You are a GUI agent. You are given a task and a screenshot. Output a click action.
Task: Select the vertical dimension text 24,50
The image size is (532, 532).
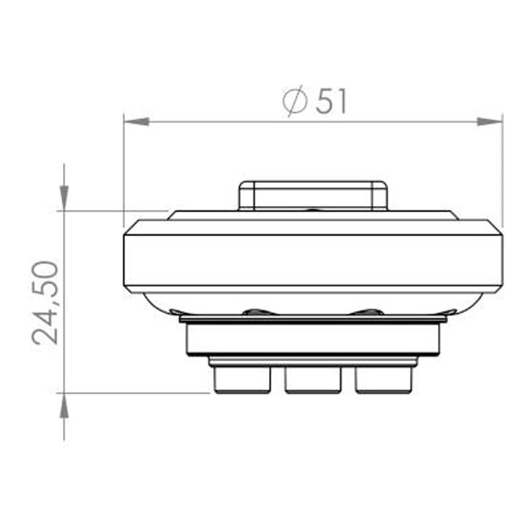[45, 302]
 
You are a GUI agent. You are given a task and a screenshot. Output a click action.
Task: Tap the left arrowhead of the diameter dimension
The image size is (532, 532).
[136, 122]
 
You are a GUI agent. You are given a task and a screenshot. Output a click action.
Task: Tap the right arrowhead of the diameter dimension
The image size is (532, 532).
[489, 122]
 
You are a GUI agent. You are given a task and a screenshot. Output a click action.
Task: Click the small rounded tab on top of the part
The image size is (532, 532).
[313, 195]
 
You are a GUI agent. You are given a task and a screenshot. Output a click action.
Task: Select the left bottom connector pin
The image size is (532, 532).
[242, 380]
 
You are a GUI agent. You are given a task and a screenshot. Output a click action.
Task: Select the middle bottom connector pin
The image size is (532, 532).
[313, 380]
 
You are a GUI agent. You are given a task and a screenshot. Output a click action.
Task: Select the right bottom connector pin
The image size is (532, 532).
[384, 380]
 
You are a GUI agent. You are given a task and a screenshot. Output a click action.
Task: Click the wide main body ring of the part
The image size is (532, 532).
[313, 261]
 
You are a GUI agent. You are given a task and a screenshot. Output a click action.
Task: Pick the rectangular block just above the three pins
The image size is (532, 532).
[313, 339]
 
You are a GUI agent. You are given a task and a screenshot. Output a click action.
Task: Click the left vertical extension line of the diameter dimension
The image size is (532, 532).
[123, 170]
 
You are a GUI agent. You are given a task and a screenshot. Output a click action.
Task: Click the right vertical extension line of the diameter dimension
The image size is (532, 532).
[502, 170]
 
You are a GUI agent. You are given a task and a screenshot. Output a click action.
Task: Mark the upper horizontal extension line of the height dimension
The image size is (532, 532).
[112, 211]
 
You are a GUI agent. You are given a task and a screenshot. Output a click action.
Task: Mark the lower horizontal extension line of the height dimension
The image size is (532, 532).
[133, 393]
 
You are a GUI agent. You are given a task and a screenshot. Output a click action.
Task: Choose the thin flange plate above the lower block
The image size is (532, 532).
[313, 318]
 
